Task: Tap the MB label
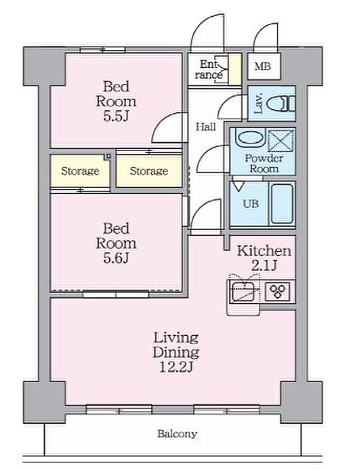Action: [263, 66]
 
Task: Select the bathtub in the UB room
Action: [282, 204]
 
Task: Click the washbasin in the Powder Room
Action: [250, 137]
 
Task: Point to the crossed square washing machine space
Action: [281, 140]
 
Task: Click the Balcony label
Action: [177, 434]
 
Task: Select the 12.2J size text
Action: [176, 367]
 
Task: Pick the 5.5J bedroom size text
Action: [116, 116]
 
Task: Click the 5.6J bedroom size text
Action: [116, 258]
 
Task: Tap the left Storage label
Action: [80, 171]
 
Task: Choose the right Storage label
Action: [149, 171]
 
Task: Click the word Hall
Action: [206, 127]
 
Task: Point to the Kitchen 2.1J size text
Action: [263, 265]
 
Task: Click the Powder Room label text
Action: [264, 163]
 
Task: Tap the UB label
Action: [251, 204]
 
